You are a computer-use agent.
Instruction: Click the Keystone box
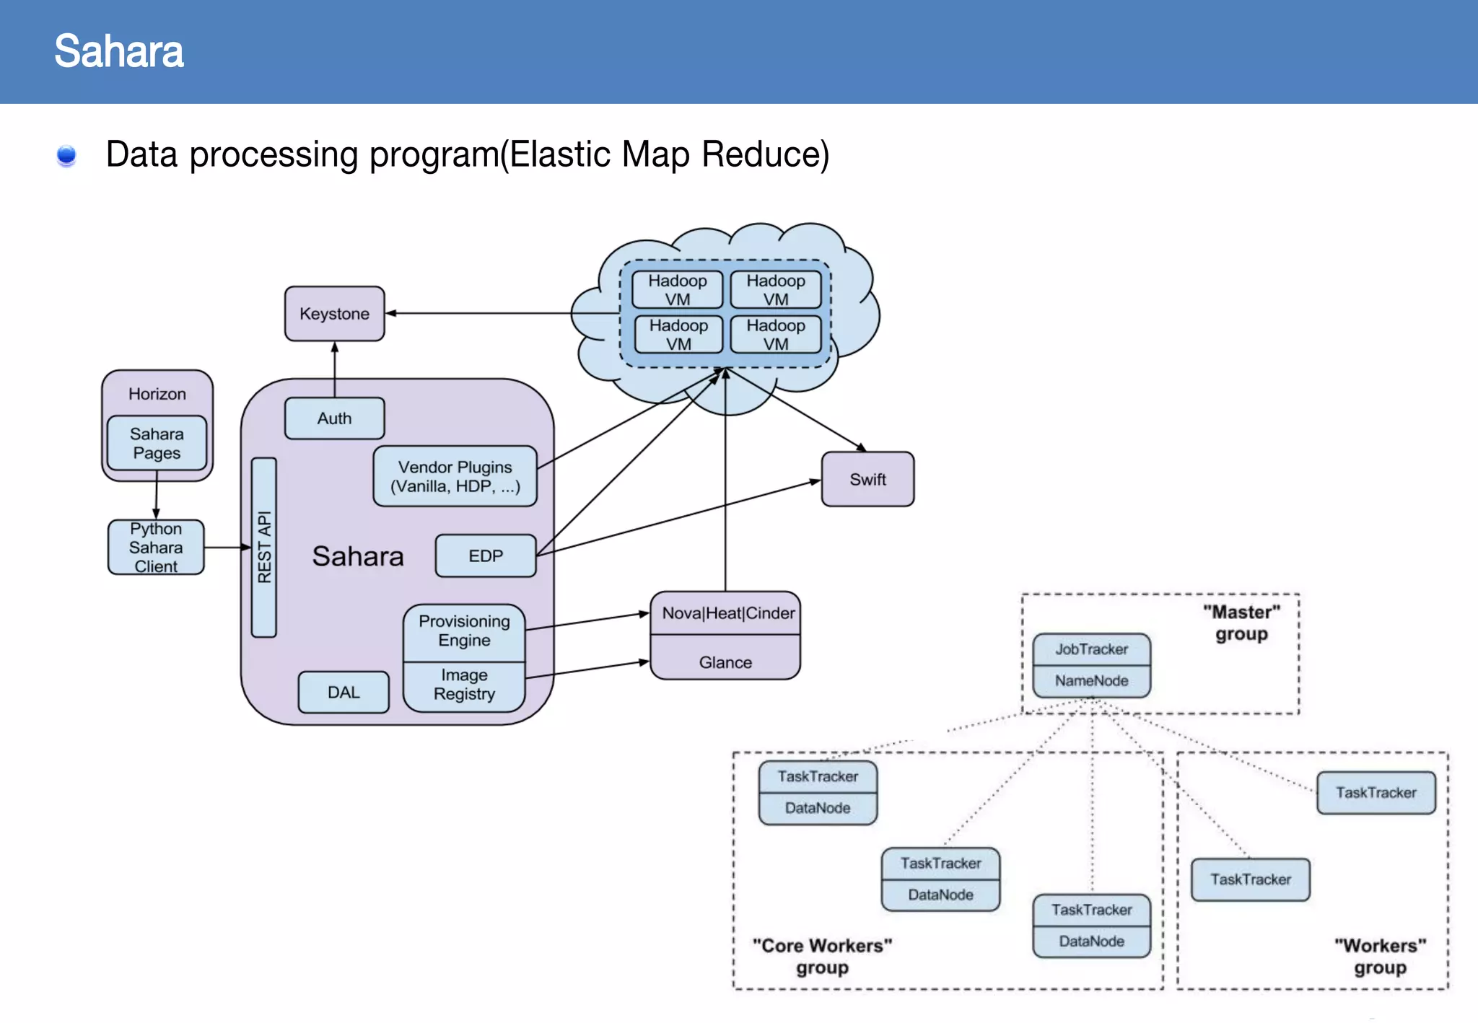coord(334,314)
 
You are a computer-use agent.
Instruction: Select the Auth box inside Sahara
coord(334,418)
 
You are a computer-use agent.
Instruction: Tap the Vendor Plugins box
coord(455,476)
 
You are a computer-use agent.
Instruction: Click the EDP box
coord(486,556)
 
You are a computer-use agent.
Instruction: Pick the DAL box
coord(344,693)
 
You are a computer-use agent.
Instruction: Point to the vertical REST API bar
coord(264,547)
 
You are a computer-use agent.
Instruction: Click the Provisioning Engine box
coord(464,632)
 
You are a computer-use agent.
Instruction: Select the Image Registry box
coord(464,685)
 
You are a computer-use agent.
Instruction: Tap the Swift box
coord(867,480)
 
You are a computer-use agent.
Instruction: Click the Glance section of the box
coord(725,662)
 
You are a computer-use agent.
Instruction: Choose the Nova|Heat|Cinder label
coord(727,613)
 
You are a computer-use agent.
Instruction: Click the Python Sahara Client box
coord(156,548)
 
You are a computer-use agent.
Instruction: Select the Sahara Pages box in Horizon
coord(157,443)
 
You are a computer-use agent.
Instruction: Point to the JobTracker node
coord(1091,649)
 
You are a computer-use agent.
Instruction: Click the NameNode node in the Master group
coord(1091,681)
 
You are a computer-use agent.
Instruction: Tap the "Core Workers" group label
coord(822,956)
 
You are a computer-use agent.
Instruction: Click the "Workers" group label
coord(1380,956)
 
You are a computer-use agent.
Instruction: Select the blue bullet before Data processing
coord(66,155)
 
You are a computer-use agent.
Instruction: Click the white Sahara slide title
coord(119,51)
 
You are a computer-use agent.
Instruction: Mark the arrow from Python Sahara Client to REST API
coord(227,548)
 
